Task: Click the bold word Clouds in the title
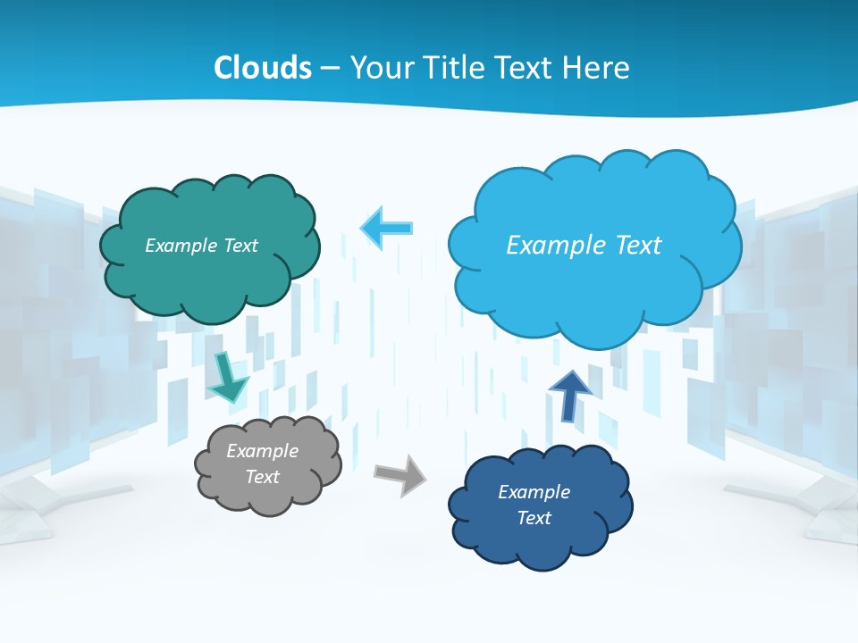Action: [263, 68]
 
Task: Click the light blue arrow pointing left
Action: [387, 228]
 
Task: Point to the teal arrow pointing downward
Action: [228, 378]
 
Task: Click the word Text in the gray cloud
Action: [263, 477]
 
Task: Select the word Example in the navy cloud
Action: [534, 492]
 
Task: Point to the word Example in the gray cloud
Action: [263, 451]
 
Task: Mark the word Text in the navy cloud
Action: [534, 518]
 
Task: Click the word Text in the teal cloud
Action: [240, 246]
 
